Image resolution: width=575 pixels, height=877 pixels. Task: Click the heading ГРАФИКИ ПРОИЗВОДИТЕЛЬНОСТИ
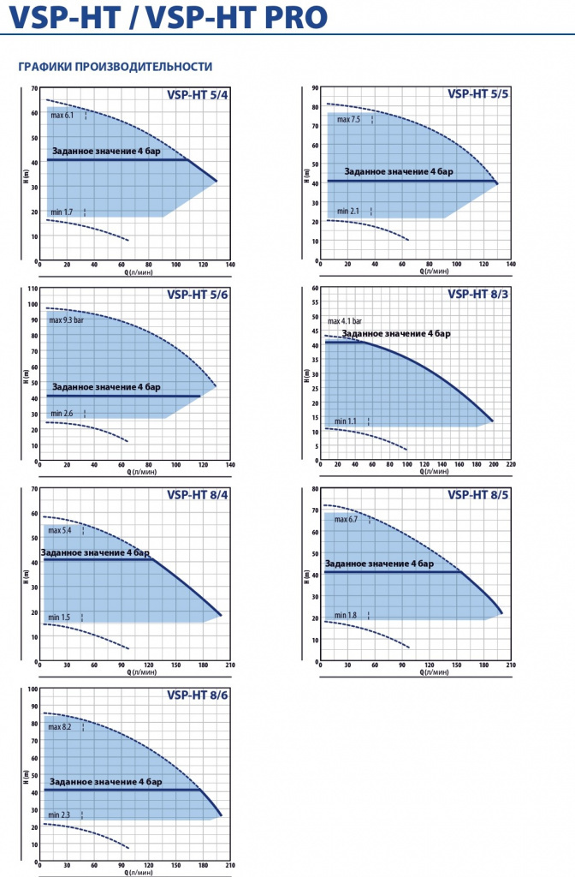click(x=116, y=67)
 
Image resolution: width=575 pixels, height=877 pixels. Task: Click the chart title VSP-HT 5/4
click(x=198, y=94)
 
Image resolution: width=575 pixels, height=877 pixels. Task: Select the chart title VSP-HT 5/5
click(x=477, y=94)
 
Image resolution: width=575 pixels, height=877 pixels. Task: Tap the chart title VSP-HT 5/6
click(x=198, y=295)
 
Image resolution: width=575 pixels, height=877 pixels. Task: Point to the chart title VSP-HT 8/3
click(x=477, y=295)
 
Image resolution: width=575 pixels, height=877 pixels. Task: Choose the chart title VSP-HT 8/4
click(x=198, y=495)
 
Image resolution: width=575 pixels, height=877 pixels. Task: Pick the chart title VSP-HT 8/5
click(x=477, y=495)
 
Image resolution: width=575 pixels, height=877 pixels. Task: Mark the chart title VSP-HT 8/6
click(x=198, y=695)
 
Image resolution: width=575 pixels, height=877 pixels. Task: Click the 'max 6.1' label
click(x=62, y=116)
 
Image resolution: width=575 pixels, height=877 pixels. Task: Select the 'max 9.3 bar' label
click(x=67, y=320)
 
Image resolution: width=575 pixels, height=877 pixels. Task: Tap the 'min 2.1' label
click(x=348, y=212)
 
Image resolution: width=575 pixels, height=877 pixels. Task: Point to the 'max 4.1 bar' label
click(x=345, y=321)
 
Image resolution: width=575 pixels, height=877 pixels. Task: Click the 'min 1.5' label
click(x=59, y=617)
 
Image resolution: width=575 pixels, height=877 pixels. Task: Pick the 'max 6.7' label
click(x=346, y=520)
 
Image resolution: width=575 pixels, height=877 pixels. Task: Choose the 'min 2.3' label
click(x=59, y=815)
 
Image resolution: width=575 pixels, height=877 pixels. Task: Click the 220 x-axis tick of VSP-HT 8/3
click(x=511, y=464)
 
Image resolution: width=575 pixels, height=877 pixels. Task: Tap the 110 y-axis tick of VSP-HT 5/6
click(x=33, y=289)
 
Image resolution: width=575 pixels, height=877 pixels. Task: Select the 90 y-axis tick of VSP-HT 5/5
click(x=315, y=88)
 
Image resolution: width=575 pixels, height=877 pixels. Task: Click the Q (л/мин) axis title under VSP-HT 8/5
click(x=434, y=672)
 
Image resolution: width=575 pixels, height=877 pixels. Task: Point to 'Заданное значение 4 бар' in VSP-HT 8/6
click(x=105, y=782)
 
